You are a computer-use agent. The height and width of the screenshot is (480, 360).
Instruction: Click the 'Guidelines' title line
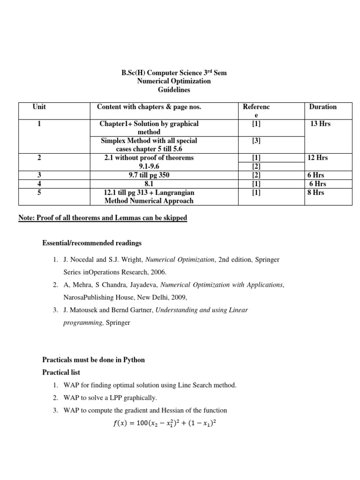coord(173,90)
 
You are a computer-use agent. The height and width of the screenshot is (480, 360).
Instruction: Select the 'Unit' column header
coord(39,107)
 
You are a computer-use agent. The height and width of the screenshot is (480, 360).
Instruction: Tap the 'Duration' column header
coord(322,107)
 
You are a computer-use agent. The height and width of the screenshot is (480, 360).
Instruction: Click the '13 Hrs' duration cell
coord(321,124)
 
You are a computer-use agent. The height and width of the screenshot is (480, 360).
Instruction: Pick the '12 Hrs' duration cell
coord(317,158)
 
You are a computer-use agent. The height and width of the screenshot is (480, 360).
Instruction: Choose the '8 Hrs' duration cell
coord(315,192)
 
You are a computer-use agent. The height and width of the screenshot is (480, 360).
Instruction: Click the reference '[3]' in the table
coord(256,141)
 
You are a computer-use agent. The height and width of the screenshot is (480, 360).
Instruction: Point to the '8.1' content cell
coord(149,184)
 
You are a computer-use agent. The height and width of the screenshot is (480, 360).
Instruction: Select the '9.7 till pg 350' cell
coord(149,175)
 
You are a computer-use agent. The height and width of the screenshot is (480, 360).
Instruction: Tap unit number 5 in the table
coord(39,192)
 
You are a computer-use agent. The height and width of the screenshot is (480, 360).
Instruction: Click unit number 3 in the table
coord(39,175)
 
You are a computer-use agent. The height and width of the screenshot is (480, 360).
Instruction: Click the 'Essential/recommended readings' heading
coord(92,243)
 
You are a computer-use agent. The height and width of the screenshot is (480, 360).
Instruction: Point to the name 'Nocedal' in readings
coord(82,260)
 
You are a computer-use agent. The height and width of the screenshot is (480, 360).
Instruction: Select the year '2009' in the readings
coord(178,297)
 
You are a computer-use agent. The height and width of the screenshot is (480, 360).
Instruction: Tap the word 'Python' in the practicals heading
coord(134,360)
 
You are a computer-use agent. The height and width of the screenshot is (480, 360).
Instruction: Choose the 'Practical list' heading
coord(61,372)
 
